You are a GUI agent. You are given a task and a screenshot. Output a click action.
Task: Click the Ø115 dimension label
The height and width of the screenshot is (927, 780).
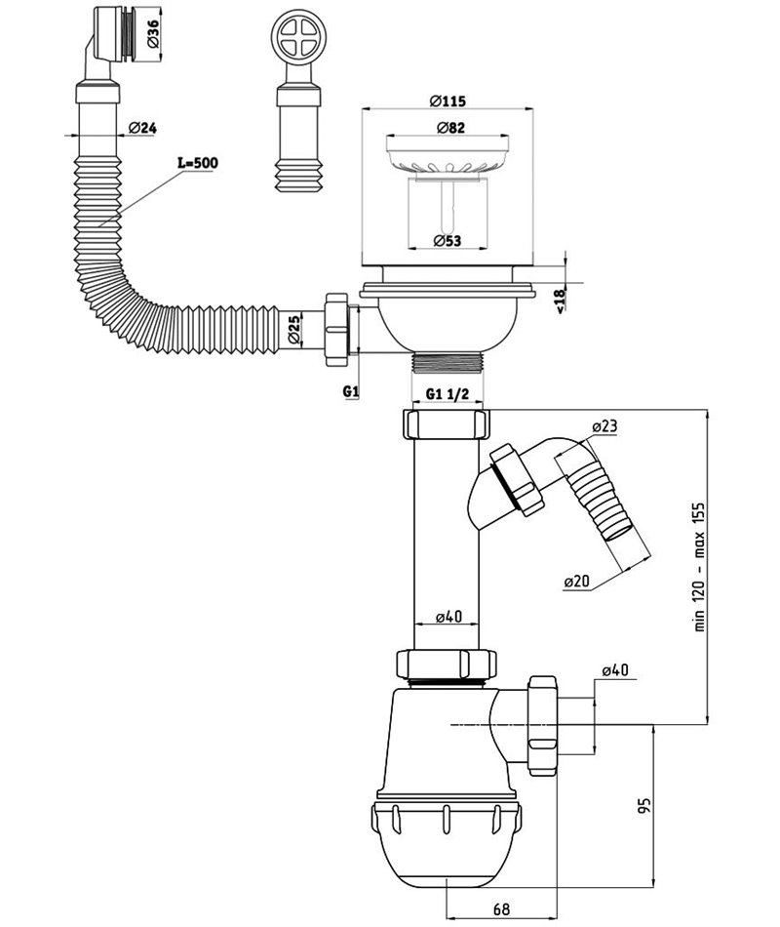[x=448, y=101]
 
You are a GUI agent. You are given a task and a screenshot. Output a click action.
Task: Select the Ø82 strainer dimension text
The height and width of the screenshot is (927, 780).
[x=450, y=127]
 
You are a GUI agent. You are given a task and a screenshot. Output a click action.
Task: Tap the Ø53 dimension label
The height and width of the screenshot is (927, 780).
[x=447, y=241]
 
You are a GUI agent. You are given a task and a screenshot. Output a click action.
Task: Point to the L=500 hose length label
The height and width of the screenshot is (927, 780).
[x=198, y=163]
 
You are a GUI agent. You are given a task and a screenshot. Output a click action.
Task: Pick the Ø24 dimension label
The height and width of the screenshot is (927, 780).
[x=142, y=127]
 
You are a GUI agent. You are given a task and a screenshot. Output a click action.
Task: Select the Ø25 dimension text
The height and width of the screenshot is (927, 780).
[x=294, y=331]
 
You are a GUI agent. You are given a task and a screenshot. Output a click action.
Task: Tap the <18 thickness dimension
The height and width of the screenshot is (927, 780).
[x=561, y=300]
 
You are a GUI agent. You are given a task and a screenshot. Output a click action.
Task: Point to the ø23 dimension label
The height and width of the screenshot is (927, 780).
[x=604, y=425]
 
